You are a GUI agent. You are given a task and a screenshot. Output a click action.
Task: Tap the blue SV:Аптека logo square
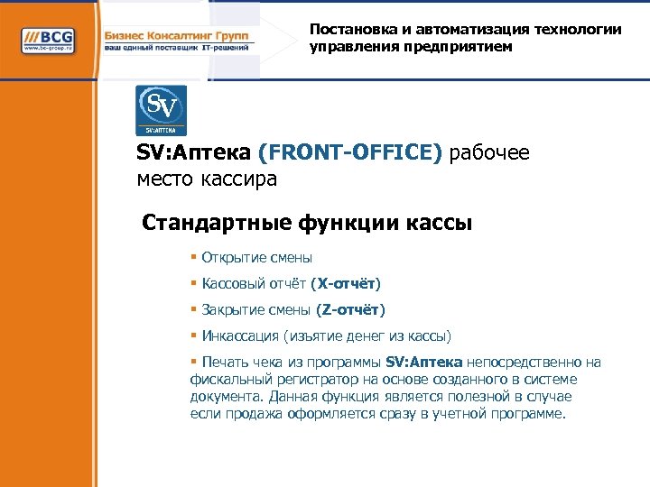161,110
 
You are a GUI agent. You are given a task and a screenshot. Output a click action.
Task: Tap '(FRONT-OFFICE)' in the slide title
350,153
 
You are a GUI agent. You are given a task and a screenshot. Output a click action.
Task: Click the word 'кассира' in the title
245,179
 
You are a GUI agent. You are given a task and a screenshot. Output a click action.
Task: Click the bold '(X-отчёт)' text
346,284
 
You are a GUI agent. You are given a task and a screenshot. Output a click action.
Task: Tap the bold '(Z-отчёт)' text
350,310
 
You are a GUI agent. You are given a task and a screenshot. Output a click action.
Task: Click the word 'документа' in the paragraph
221,397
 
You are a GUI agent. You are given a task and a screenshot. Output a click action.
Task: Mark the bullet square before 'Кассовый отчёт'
194,284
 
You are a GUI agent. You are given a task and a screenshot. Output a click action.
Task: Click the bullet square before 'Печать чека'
194,363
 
